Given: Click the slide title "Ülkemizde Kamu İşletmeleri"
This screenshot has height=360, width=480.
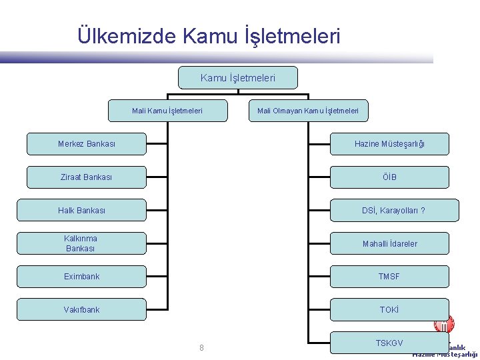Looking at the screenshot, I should pos(209,35).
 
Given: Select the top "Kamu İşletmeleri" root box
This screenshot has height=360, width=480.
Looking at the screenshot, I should pos(238,78).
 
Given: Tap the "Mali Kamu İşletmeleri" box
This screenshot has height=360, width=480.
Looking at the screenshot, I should pos(167,111).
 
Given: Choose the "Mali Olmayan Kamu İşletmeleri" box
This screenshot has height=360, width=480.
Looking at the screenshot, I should pos(308,111).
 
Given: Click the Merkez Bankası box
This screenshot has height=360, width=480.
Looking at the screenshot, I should pos(86,144).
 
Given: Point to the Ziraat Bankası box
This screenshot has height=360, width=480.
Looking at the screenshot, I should pos(86,177).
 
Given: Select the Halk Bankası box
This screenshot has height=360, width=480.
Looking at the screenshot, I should pos(81,210).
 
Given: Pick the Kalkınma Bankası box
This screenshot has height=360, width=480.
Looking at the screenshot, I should pos(81,243).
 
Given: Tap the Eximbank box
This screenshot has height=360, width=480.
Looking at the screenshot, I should pos(81,276).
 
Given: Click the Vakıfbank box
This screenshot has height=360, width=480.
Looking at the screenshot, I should pos(81,309).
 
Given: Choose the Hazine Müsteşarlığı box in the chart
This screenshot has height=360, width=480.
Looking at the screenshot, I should pos(389,144).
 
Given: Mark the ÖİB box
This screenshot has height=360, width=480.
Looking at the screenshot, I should pos(389,177).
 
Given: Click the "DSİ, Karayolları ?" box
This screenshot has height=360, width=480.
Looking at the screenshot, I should pos(394,210).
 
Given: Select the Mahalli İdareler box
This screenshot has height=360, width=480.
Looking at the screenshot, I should pos(389,243).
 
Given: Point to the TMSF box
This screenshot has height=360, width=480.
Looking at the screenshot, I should pos(389,276).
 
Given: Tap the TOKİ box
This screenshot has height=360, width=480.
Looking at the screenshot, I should pos(389,309).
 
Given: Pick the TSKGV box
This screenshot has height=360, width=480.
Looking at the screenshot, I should pos(389,343).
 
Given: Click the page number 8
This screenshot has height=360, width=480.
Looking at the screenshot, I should pos(201,347).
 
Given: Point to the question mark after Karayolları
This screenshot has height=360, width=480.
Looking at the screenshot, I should pos(423,211).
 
